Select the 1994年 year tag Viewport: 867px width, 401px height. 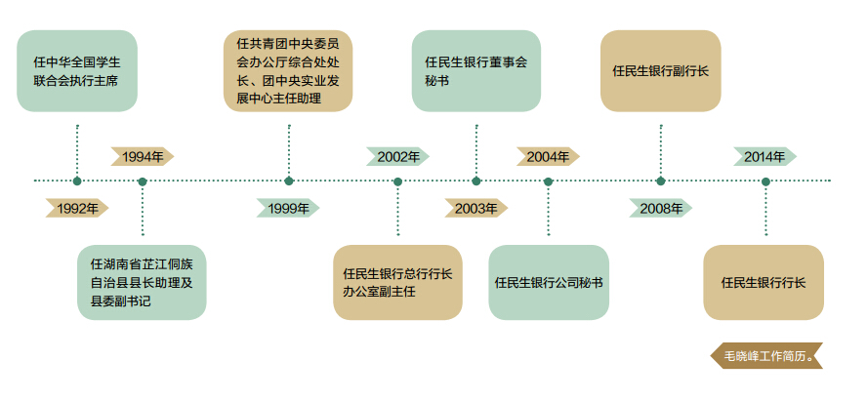[x=143, y=156]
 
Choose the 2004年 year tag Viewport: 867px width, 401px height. [x=548, y=156]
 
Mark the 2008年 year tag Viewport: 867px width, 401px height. [x=661, y=208]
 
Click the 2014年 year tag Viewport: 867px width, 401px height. [x=764, y=156]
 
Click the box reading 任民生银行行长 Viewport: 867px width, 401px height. [x=764, y=283]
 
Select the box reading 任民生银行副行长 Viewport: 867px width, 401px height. [x=660, y=70]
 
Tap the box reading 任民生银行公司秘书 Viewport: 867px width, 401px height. [x=548, y=283]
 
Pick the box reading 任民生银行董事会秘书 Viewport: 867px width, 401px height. [x=475, y=70]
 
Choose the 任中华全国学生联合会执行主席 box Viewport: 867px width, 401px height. [x=77, y=70]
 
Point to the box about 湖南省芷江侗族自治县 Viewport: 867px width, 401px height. [x=143, y=283]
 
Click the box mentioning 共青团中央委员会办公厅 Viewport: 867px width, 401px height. [x=288, y=70]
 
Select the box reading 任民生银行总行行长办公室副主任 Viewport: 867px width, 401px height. [x=397, y=283]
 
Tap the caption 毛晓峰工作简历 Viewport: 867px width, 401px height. [x=765, y=356]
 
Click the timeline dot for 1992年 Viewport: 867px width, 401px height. [x=77, y=180]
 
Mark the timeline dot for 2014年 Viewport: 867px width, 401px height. [x=765, y=180]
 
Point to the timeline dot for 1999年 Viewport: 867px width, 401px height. [x=289, y=180]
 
